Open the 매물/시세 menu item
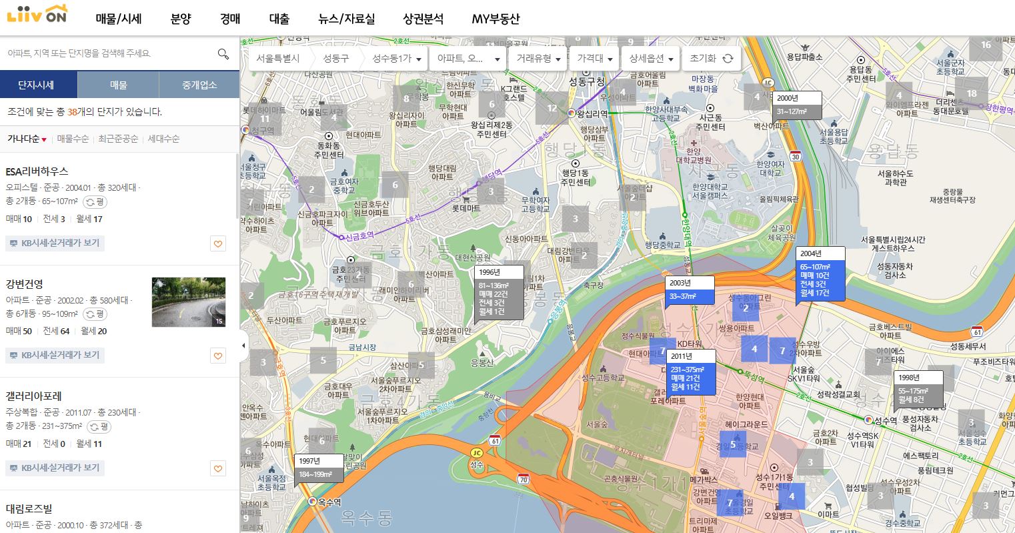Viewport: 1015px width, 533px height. (119, 19)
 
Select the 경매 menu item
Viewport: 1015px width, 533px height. (230, 19)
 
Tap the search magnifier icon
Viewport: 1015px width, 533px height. (223, 53)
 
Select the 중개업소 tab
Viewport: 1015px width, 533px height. (199, 85)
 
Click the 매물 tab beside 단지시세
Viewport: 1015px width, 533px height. (119, 85)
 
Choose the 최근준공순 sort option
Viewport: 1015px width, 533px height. (118, 139)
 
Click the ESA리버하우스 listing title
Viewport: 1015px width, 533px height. (37, 171)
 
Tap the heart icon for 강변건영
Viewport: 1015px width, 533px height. (218, 356)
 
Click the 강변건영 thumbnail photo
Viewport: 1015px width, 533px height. (189, 302)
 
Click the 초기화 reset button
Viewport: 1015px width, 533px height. (711, 59)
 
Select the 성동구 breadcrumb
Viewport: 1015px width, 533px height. (336, 59)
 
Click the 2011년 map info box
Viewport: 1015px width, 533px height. (690, 372)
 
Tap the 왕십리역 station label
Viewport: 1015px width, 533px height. (594, 113)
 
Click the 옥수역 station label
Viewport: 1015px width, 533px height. (329, 502)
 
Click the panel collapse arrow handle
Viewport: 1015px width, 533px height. (243, 346)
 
